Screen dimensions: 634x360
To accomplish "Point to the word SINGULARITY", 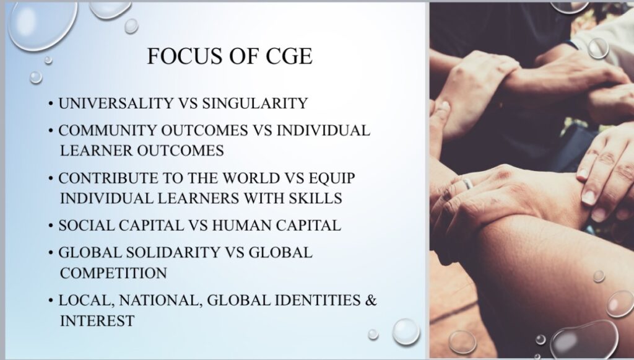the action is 254,103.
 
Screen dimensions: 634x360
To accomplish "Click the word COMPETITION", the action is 114,273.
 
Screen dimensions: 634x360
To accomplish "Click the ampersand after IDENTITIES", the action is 371,301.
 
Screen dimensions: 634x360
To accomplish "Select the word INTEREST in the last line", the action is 97,321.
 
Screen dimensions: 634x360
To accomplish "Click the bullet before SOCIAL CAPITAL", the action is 51,226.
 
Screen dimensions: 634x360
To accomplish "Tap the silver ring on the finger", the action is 467,184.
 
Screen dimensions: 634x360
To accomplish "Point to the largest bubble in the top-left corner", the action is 43,25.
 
